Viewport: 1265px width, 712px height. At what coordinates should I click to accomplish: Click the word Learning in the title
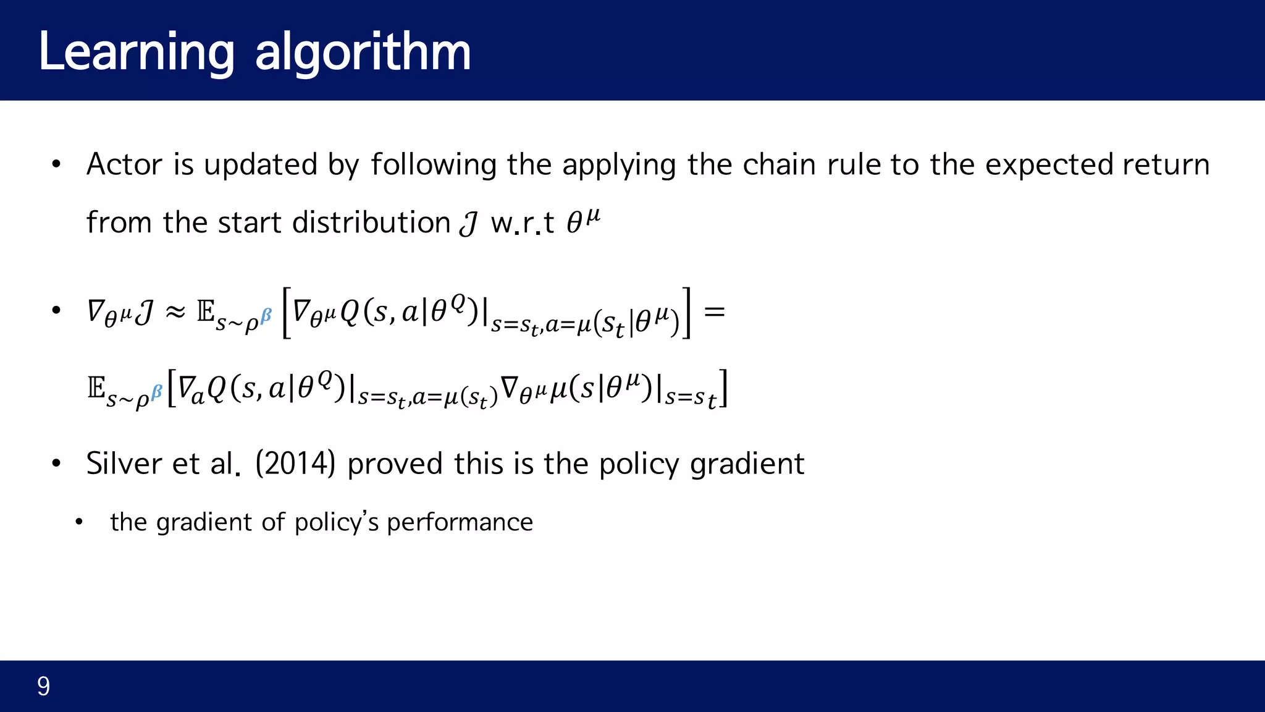point(137,53)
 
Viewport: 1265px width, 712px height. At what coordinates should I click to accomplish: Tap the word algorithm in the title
point(363,53)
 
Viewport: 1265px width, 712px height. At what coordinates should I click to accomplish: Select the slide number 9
point(43,686)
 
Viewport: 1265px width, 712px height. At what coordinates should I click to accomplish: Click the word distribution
point(371,222)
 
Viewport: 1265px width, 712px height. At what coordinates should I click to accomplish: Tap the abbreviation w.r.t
point(523,222)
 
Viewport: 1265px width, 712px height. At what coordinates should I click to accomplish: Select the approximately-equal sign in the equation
point(175,312)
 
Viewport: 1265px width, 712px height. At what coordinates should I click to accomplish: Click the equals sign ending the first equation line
point(715,311)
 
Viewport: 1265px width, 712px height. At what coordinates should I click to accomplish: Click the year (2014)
point(295,464)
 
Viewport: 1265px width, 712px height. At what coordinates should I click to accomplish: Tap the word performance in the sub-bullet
point(460,523)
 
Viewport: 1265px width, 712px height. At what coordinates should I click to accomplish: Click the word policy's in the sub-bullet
point(337,523)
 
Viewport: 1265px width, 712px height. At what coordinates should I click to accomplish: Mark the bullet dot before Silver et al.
point(56,464)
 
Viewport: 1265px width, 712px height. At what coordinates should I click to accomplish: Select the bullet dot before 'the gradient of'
point(78,523)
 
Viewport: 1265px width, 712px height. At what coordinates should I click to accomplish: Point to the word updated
point(261,164)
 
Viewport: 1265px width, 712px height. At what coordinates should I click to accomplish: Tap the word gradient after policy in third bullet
point(747,464)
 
